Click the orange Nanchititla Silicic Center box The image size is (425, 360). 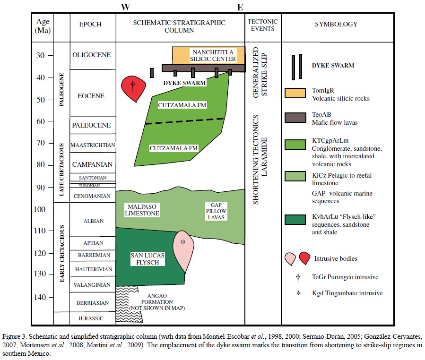pyautogui.click(x=208, y=55)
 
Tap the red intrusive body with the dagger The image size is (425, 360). pyautogui.click(x=132, y=88)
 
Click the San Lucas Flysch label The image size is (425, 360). pyautogui.click(x=147, y=258)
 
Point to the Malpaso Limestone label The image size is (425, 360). pyautogui.click(x=142, y=210)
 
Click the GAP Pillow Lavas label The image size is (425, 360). pyautogui.click(x=217, y=211)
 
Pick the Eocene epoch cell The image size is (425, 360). pyautogui.click(x=92, y=96)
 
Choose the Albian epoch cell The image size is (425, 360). pyautogui.click(x=92, y=221)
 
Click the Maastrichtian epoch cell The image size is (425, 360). pyautogui.click(x=92, y=145)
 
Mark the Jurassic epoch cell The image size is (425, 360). pyautogui.click(x=92, y=318)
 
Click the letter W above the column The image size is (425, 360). pyautogui.click(x=125, y=7)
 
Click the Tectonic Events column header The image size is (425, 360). pyautogui.click(x=263, y=25)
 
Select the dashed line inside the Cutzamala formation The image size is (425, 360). pyautogui.click(x=184, y=121)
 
